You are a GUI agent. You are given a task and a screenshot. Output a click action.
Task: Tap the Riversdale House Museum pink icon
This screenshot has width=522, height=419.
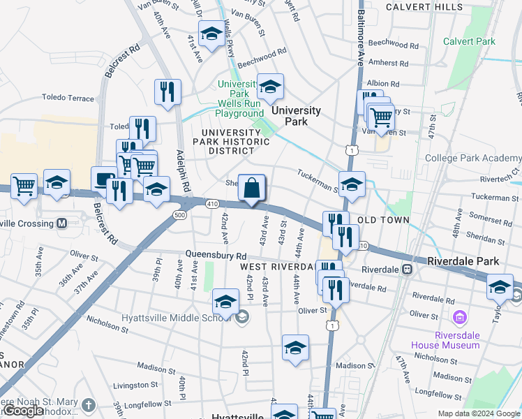click(459, 318)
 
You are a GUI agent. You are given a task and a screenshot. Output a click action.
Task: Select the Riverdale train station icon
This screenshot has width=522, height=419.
click(408, 269)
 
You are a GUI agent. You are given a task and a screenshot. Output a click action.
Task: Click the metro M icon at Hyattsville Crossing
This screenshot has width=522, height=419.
click(61, 223)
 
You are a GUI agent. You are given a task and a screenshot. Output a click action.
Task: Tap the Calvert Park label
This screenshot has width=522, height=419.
click(469, 41)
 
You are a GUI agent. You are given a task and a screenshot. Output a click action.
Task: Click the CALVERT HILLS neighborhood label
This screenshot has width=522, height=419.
click(424, 6)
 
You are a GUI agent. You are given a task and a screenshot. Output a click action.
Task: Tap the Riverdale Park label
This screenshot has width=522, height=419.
click(463, 261)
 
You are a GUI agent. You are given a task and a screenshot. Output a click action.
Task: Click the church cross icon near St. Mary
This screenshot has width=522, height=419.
click(89, 404)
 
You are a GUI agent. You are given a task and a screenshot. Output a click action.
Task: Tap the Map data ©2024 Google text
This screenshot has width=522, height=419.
click(478, 413)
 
